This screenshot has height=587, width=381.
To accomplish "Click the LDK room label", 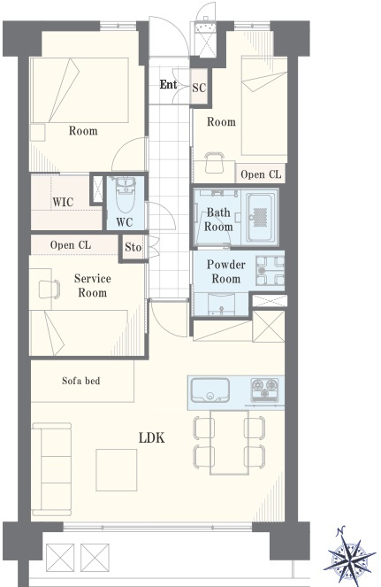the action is [x=151, y=437].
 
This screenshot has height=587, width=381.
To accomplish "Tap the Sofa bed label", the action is [x=80, y=381].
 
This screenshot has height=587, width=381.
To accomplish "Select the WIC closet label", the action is [x=63, y=202].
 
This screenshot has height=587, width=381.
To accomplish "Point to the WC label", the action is [x=124, y=222].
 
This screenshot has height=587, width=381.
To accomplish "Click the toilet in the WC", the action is [x=126, y=194].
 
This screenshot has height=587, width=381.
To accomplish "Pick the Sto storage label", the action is [x=133, y=247].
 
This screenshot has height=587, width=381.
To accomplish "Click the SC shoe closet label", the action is [x=199, y=88].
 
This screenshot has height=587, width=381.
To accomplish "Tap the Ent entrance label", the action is [x=168, y=84].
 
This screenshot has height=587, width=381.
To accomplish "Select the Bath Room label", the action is [x=218, y=220].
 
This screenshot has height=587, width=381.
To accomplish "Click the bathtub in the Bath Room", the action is [x=262, y=218].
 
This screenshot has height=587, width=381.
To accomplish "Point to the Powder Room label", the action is [x=225, y=272].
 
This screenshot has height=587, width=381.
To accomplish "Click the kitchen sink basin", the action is [x=210, y=390].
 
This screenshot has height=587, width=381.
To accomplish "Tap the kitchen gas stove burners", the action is [x=264, y=390].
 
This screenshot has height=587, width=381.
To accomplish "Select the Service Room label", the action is [x=92, y=285].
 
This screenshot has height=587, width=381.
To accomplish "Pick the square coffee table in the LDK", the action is [x=117, y=470].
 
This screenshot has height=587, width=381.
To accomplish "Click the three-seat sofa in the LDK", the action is [x=51, y=469].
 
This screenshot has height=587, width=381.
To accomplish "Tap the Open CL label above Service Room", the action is [x=71, y=245].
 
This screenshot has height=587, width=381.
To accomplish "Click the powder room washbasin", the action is [x=221, y=304].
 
